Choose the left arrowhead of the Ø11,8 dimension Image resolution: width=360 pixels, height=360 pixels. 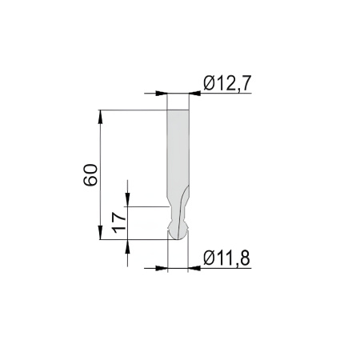pos(162,268)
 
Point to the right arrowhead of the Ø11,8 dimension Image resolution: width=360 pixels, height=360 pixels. pos(194,268)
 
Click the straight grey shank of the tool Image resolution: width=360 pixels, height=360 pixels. pos(178,144)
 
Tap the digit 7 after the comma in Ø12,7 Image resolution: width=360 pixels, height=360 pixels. pos(246,82)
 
